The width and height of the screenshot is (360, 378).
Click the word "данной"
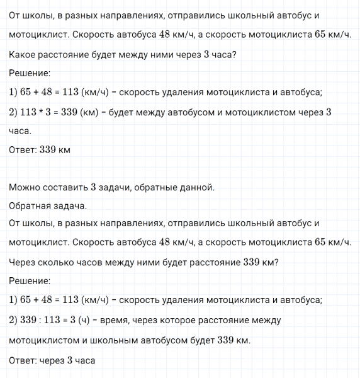tap(198, 188)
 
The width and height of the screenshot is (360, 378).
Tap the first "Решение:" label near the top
tap(30, 73)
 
